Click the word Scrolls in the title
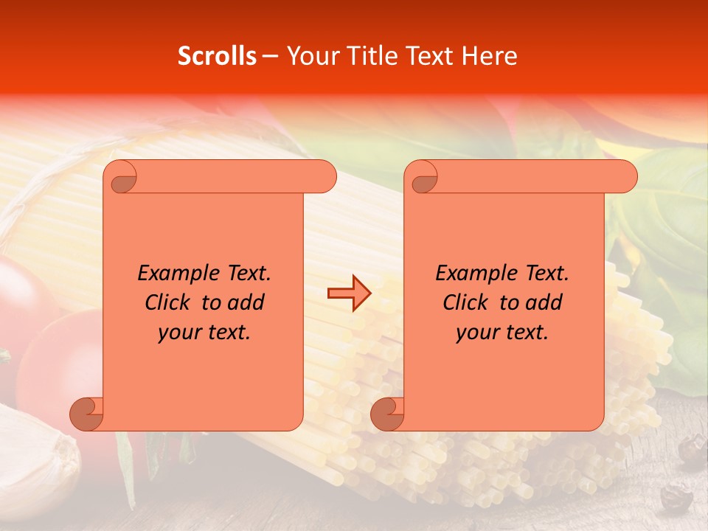click(x=217, y=56)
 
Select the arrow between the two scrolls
click(x=349, y=293)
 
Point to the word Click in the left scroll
click(x=168, y=302)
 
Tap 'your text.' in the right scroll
click(x=502, y=333)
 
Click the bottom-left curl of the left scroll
click(x=86, y=414)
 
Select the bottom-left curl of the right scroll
click(x=387, y=414)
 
